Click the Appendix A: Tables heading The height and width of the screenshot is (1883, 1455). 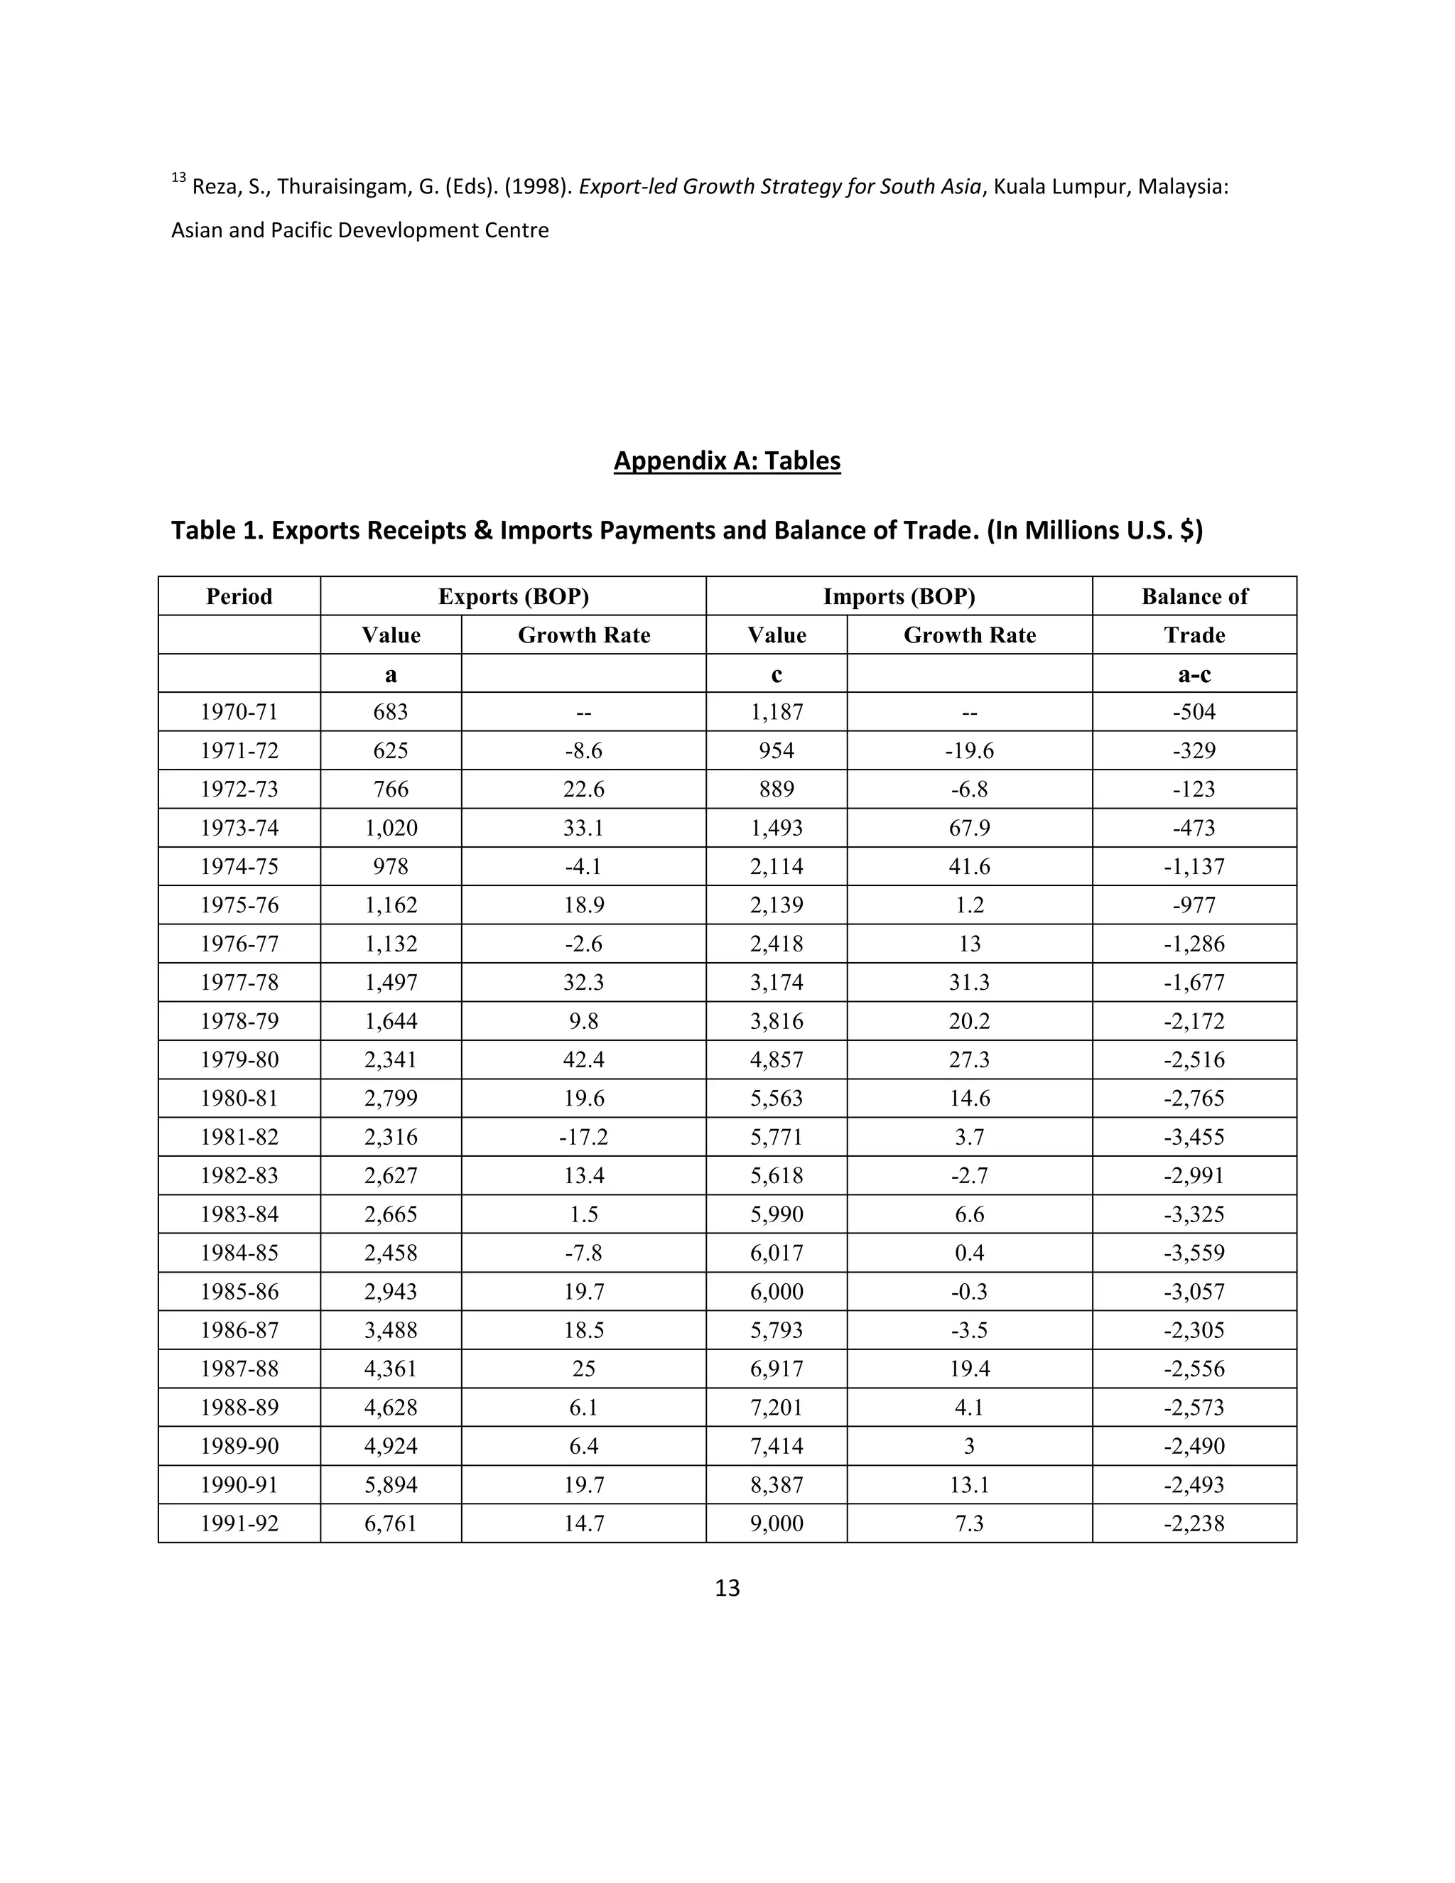pyautogui.click(x=727, y=460)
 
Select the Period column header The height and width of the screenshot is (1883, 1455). pyautogui.click(x=239, y=597)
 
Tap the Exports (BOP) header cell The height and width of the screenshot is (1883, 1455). pyautogui.click(x=513, y=597)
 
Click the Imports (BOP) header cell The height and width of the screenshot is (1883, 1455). pyautogui.click(x=898, y=597)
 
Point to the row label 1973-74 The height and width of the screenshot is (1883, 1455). pyautogui.click(x=239, y=828)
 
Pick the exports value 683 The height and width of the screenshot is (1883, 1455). pyautogui.click(x=391, y=712)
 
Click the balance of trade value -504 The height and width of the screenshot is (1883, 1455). pyautogui.click(x=1194, y=712)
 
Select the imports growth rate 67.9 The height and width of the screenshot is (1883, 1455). pyautogui.click(x=969, y=828)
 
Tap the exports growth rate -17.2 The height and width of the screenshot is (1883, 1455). pyautogui.click(x=583, y=1137)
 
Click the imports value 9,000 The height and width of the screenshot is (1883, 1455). pyautogui.click(x=776, y=1523)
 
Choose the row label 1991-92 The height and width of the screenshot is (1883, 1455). pyautogui.click(x=239, y=1523)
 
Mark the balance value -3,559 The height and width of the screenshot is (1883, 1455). pyautogui.click(x=1194, y=1253)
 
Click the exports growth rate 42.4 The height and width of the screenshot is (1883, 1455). pyautogui.click(x=583, y=1059)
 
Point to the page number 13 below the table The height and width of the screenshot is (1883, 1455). pyautogui.click(x=727, y=1588)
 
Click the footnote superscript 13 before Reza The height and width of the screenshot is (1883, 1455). pyautogui.click(x=178, y=178)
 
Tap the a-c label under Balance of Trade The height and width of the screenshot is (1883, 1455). pyautogui.click(x=1194, y=674)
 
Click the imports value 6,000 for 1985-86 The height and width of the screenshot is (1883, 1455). pyautogui.click(x=776, y=1292)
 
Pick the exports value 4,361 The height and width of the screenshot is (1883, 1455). pyautogui.click(x=391, y=1369)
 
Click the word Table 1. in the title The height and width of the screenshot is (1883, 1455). pyautogui.click(x=217, y=530)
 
